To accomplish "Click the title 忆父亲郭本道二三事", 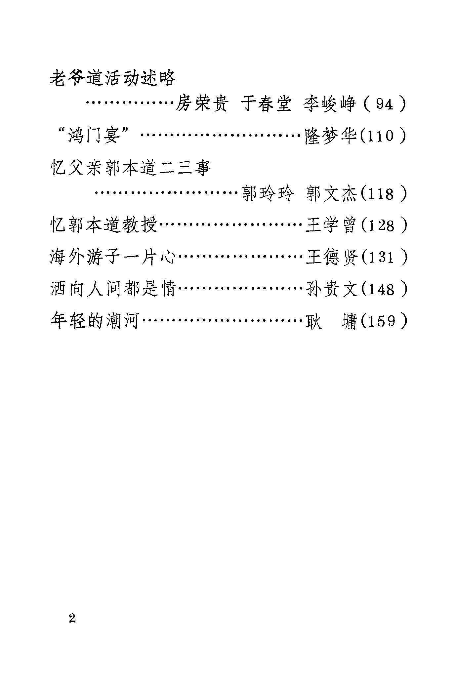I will point(131,168).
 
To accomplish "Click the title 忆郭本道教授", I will point(104,226).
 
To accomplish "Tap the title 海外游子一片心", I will point(112,258).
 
